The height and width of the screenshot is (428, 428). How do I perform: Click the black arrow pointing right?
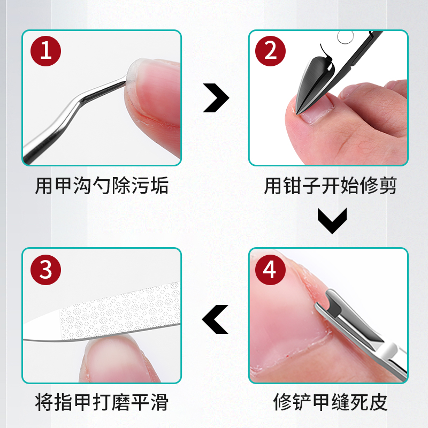tap(216, 98)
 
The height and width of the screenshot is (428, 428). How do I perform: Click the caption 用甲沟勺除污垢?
tap(102, 186)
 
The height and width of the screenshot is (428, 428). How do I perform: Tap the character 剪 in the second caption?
tap(389, 186)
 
